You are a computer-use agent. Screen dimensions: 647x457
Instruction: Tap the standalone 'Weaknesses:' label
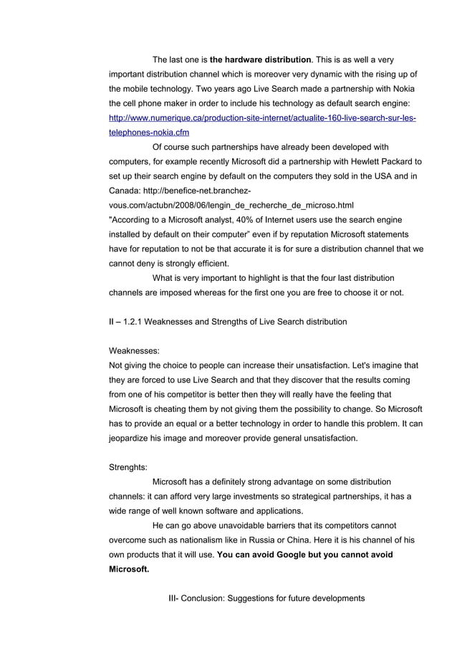[x=134, y=351]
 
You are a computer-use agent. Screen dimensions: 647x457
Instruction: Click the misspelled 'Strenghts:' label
[x=128, y=466]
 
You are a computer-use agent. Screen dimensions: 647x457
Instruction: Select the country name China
[x=290, y=540]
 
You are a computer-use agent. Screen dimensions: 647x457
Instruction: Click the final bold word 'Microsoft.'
[x=129, y=570]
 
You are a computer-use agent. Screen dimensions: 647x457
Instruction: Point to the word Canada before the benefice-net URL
[x=125, y=191]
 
